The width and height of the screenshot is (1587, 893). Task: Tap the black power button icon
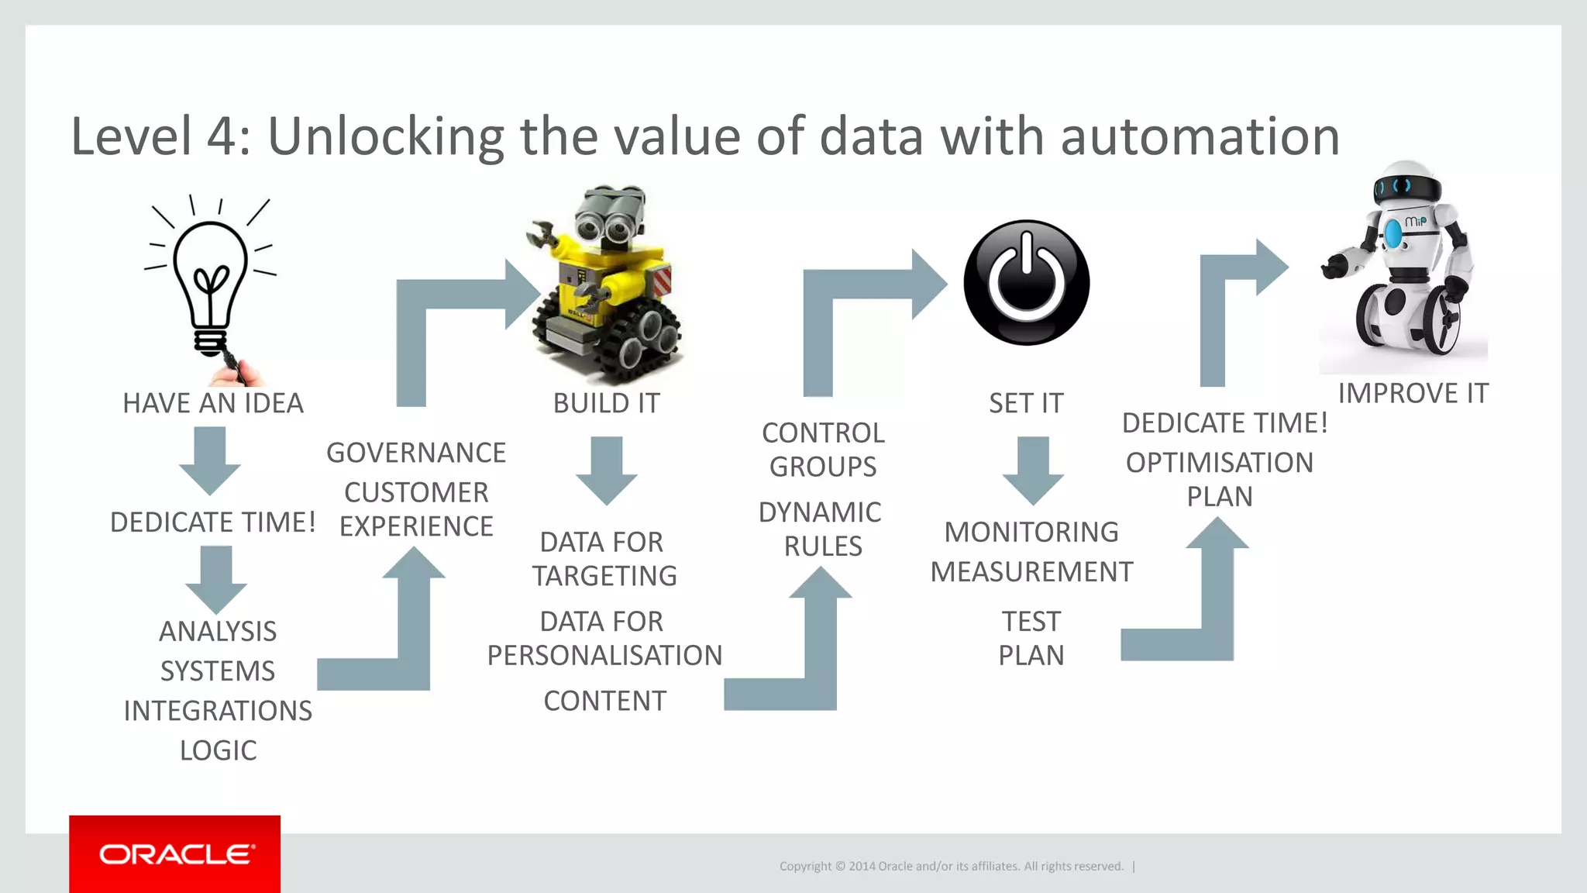pos(1027,282)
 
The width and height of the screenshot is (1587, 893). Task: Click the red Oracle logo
pos(175,853)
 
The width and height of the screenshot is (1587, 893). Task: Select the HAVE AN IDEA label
pos(213,404)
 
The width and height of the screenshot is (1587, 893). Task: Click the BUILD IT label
pos(607,404)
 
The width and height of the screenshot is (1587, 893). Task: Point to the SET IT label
pos(1026,404)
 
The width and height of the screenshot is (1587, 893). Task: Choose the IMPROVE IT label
pos(1413,394)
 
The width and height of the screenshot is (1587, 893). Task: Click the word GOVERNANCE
pos(416,453)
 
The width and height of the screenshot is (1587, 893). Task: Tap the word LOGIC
pos(218,750)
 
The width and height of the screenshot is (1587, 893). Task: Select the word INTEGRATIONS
pos(218,711)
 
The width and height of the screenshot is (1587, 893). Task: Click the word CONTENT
pos(604,702)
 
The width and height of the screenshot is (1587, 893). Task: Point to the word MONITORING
pos(1031,533)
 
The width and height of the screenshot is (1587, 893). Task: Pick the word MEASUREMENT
pos(1031,572)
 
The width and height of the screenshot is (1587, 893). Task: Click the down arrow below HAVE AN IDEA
pos(210,460)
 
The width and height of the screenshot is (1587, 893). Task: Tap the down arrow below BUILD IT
pos(607,470)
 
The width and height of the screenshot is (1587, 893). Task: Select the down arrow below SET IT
pos(1032,470)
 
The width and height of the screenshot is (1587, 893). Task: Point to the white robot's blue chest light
pos(1393,233)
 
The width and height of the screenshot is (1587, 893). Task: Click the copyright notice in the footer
pos(952,867)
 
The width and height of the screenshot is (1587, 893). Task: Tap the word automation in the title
pos(1200,137)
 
